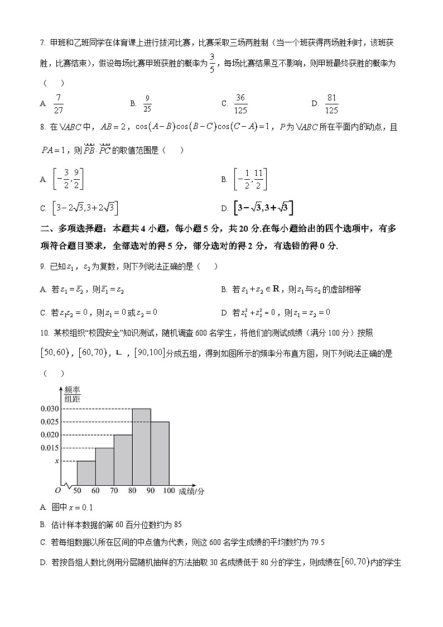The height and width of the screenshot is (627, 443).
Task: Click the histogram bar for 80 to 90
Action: pyautogui.click(x=142, y=447)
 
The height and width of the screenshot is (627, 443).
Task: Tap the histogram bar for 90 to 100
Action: pyautogui.click(x=160, y=453)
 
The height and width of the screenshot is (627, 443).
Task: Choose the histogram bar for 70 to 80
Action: pyautogui.click(x=123, y=460)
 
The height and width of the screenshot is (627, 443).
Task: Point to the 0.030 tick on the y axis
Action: pyautogui.click(x=50, y=409)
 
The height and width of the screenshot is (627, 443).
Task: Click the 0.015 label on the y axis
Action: pyautogui.click(x=50, y=448)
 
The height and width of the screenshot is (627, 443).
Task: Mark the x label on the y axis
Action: pyautogui.click(x=56, y=461)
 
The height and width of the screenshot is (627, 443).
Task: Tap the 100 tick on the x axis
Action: pyautogui.click(x=169, y=491)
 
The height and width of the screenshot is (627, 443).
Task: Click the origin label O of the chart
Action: pyautogui.click(x=57, y=490)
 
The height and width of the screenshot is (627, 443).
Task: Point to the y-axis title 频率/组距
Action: pyautogui.click(x=72, y=394)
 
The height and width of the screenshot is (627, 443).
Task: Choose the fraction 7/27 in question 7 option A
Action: pyautogui.click(x=59, y=103)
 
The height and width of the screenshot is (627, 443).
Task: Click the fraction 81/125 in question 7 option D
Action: pyautogui.click(x=331, y=103)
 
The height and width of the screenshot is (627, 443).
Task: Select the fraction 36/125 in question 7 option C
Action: pyautogui.click(x=240, y=103)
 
